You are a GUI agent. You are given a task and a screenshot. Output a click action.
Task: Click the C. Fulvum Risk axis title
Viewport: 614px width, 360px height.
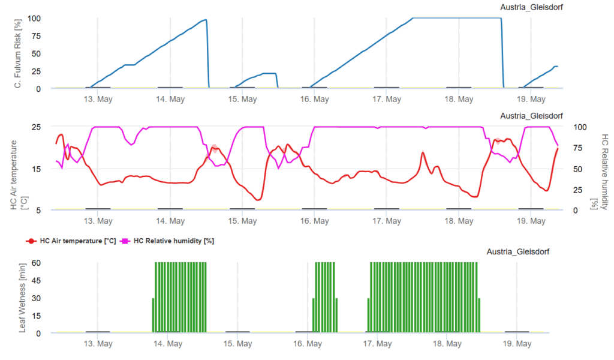19,53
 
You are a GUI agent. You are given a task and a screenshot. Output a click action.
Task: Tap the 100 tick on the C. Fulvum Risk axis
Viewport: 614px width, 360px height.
34,18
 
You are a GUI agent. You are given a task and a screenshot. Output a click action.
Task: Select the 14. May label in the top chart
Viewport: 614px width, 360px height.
170,99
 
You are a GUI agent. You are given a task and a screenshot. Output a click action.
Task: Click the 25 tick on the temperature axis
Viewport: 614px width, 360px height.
35,127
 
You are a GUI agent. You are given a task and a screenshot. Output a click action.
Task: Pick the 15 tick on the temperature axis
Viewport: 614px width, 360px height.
35,169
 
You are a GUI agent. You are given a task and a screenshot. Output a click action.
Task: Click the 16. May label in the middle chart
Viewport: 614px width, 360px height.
314,221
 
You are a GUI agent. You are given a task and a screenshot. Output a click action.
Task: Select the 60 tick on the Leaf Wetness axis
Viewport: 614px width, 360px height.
35,263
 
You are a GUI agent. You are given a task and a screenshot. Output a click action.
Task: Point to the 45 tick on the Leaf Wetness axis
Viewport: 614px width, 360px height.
35,281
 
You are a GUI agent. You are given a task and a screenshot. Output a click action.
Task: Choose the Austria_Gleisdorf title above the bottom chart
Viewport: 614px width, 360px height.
518,251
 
